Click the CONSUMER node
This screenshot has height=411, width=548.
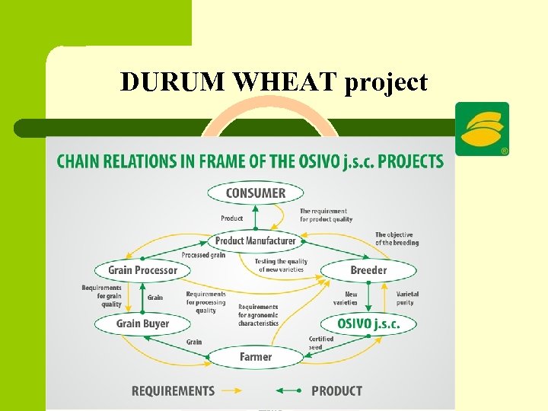pyautogui.click(x=255, y=193)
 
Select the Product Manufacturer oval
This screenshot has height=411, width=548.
pyautogui.click(x=255, y=241)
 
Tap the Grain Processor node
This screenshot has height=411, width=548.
pyautogui.click(x=142, y=270)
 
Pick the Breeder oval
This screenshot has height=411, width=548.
pyautogui.click(x=368, y=270)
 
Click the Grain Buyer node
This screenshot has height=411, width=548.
pyautogui.click(x=142, y=324)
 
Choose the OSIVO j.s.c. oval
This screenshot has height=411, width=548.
pyautogui.click(x=368, y=324)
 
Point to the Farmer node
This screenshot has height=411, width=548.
pyautogui.click(x=255, y=357)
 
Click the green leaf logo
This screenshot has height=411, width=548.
pyautogui.click(x=482, y=127)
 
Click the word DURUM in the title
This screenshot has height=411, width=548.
pyautogui.click(x=174, y=82)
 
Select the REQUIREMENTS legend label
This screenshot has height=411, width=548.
pyautogui.click(x=173, y=391)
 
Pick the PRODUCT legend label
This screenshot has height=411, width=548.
pyautogui.click(x=336, y=391)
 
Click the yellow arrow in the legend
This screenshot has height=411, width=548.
pyautogui.click(x=231, y=391)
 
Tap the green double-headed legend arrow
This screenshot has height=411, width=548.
pyautogui.click(x=290, y=391)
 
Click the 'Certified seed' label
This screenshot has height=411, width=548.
pyautogui.click(x=320, y=343)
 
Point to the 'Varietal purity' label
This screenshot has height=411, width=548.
pyautogui.click(x=407, y=298)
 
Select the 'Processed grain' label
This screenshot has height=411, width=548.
pyautogui.click(x=203, y=255)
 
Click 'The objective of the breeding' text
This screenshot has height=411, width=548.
pyautogui.click(x=397, y=239)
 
